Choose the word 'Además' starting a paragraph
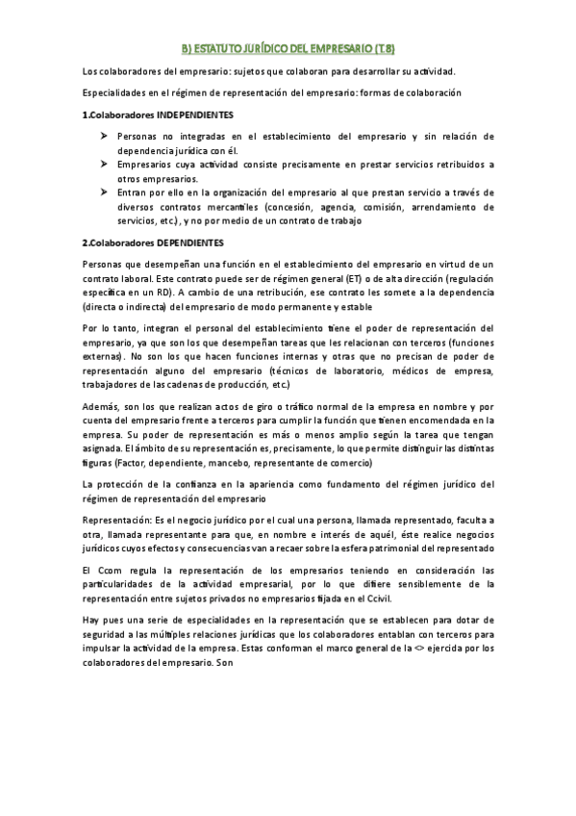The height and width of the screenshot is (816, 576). (101, 407)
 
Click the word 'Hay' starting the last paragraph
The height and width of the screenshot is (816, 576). (92, 620)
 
